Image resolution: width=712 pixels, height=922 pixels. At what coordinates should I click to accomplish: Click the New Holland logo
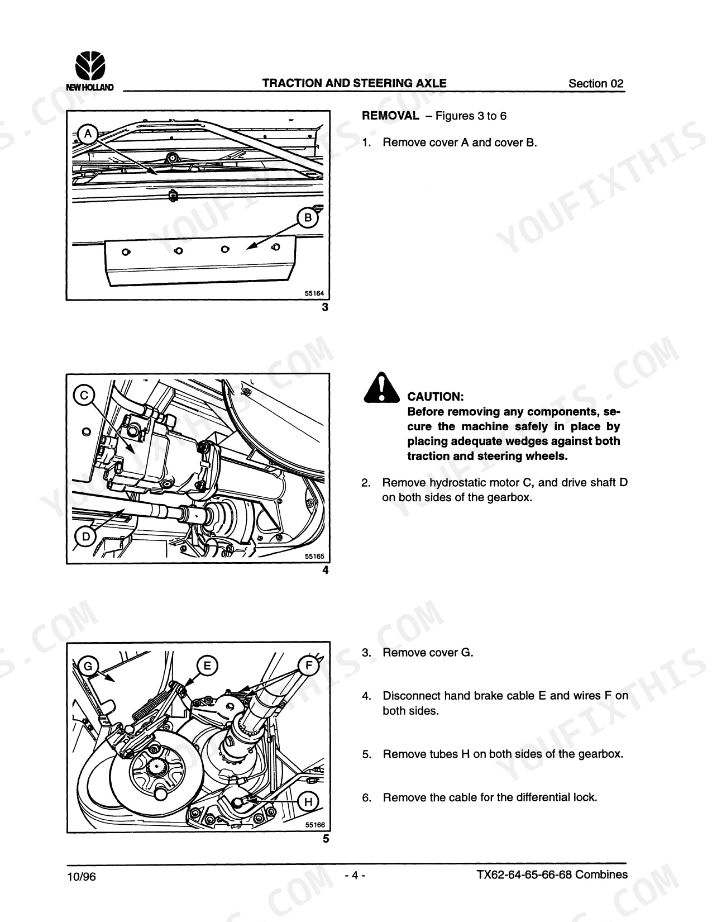[90, 71]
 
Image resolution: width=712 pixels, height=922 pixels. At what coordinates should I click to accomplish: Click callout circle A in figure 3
[88, 134]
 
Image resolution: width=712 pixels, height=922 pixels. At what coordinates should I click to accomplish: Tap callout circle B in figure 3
[308, 218]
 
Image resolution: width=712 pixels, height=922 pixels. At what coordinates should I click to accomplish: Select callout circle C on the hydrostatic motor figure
[84, 395]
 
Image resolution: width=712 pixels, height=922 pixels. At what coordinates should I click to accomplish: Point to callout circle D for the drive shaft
[85, 537]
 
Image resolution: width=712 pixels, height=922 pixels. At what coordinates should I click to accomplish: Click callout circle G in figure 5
[88, 666]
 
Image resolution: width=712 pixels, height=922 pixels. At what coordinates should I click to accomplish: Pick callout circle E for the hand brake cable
[207, 666]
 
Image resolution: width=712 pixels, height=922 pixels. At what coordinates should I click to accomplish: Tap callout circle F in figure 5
[308, 666]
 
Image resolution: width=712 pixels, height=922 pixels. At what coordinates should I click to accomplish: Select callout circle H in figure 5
[308, 801]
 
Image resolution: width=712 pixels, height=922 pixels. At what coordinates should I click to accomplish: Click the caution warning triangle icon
[381, 387]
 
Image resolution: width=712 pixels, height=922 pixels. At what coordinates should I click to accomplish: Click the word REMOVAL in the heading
[390, 116]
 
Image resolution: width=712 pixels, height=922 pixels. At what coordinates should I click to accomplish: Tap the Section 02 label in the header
[596, 83]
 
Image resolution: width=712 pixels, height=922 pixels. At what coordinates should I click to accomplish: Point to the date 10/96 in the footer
[82, 876]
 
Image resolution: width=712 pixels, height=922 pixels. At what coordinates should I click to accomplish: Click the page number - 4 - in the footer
[355, 875]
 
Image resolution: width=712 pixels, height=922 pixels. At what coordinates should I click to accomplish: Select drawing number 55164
[314, 293]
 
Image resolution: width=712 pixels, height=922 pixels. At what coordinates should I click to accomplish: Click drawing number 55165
[314, 556]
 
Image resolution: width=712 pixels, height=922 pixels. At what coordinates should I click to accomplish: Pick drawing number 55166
[315, 825]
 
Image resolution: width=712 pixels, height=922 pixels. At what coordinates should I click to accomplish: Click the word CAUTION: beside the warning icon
[436, 397]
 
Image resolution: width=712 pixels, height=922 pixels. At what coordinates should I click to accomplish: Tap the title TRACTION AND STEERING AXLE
[354, 83]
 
